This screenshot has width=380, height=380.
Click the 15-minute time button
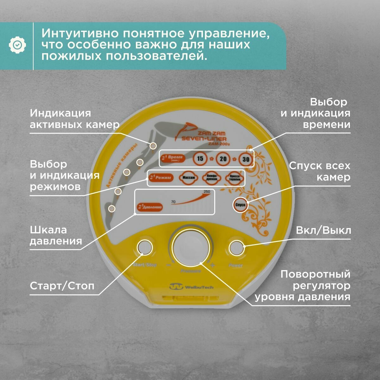tap(200, 158)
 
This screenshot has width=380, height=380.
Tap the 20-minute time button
tap(223, 158)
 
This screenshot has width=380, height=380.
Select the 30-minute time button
tap(246, 159)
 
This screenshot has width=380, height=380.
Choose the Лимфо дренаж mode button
tap(212, 178)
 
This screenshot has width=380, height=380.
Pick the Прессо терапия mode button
tap(235, 179)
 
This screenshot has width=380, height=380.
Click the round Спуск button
tap(241, 205)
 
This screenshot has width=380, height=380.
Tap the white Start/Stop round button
tap(144, 247)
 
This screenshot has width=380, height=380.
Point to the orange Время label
tap(173, 158)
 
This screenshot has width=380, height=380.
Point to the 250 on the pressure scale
tap(207, 192)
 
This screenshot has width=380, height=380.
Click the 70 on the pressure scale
tap(173, 201)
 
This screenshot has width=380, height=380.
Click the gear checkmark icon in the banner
tap(17, 45)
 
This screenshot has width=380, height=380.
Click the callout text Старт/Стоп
tap(62, 286)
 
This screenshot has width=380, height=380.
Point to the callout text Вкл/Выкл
tap(323, 230)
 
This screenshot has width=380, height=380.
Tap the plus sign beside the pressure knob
tap(212, 265)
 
